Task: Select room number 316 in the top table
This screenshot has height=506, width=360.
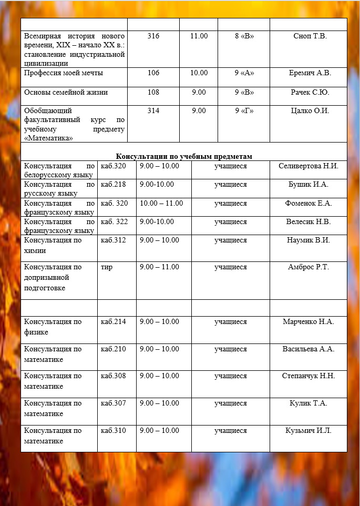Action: pyautogui.click(x=153, y=36)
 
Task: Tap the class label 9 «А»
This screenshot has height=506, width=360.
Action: pyautogui.click(x=244, y=73)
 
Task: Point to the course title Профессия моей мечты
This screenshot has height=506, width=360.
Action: pyautogui.click(x=64, y=73)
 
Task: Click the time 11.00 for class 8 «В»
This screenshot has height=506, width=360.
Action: pyautogui.click(x=199, y=36)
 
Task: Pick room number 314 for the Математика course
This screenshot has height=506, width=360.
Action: pyautogui.click(x=153, y=110)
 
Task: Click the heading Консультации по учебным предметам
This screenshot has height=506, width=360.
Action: pyautogui.click(x=184, y=156)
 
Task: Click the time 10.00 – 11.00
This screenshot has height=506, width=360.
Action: pyautogui.click(x=161, y=203)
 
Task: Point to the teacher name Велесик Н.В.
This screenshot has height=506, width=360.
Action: pyautogui.click(x=308, y=221)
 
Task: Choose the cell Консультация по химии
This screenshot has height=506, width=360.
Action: pyautogui.click(x=53, y=245)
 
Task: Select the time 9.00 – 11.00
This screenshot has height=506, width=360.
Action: pyautogui.click(x=159, y=267)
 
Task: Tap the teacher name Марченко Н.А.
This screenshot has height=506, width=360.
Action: pyautogui.click(x=308, y=321)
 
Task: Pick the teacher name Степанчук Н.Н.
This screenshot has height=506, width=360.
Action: pyautogui.click(x=308, y=376)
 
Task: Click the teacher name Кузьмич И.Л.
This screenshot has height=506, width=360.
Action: pyautogui.click(x=308, y=430)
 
